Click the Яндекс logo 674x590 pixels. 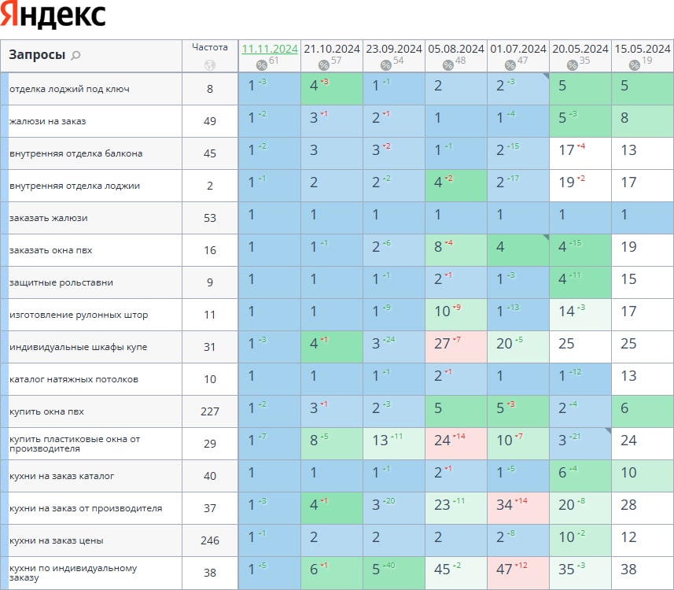[x=54, y=16]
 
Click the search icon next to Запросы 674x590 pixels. [x=76, y=55]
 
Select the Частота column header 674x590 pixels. [x=210, y=47]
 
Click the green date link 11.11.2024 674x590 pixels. [x=270, y=49]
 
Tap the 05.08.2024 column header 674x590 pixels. [x=455, y=49]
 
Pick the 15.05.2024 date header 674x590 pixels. [x=642, y=49]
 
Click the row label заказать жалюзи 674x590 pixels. [x=48, y=218]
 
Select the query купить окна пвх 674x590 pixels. [x=46, y=411]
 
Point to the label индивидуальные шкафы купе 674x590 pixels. [x=78, y=347]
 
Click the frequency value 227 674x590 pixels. [x=210, y=411]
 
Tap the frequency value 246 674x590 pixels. [x=210, y=540]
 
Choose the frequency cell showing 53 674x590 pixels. [x=210, y=218]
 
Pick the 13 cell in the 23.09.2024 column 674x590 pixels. [x=381, y=441]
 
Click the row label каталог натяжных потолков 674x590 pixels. [x=74, y=379]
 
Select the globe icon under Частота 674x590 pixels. [x=209, y=65]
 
